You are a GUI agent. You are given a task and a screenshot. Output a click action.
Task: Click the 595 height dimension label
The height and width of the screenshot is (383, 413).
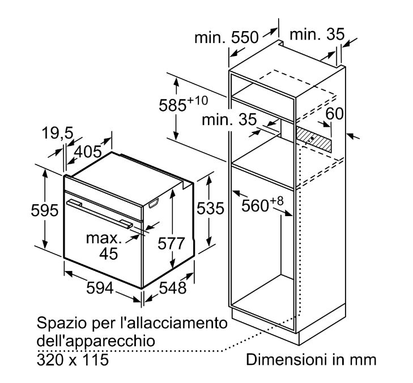point(45,210)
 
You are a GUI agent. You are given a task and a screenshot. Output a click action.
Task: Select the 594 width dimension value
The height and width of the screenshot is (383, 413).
point(100,288)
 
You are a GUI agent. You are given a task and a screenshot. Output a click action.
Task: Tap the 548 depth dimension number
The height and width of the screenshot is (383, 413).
point(173,288)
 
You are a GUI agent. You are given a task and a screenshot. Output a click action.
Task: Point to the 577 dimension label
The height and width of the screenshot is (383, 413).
point(171,244)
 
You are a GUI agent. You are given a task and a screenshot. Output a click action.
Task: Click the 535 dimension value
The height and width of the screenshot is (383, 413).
point(210,209)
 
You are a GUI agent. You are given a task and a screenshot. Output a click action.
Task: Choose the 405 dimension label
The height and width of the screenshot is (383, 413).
point(88,152)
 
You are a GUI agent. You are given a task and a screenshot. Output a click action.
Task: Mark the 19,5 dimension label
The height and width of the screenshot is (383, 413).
point(57,133)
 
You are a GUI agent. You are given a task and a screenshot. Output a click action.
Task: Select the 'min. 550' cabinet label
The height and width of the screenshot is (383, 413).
point(227,37)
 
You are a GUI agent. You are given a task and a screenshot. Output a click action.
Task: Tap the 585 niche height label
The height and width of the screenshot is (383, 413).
point(184,104)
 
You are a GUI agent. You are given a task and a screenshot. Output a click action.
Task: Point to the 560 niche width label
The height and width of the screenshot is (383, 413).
point(262,204)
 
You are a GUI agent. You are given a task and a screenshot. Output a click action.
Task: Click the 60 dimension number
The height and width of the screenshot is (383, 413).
point(334,114)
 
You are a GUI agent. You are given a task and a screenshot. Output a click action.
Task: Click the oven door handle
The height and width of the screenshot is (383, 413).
point(100,214)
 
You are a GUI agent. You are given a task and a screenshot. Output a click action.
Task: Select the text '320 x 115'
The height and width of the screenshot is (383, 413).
point(73,360)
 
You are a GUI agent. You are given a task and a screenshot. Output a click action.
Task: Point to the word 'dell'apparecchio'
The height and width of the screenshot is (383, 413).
point(96,341)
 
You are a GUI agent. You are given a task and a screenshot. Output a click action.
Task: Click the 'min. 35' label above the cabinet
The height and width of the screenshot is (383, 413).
point(317,35)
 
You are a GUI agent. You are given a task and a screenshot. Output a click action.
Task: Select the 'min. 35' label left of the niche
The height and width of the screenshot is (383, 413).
point(229,119)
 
